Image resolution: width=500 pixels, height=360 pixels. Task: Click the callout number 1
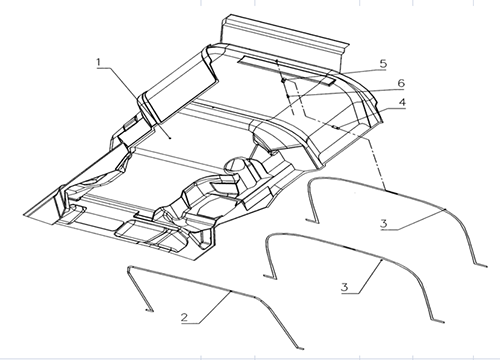(x=98, y=62)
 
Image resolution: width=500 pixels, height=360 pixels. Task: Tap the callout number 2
(x=185, y=317)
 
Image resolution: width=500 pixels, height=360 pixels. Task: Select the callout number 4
(x=402, y=102)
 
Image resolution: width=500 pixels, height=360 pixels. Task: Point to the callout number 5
(x=383, y=63)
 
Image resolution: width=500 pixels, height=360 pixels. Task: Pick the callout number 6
(x=400, y=83)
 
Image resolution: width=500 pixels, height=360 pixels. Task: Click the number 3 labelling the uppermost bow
(x=384, y=223)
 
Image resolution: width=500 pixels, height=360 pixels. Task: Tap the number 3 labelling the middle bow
(x=345, y=287)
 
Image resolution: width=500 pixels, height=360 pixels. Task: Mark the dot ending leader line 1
(x=170, y=137)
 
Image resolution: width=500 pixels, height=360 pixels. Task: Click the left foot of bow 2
(x=150, y=311)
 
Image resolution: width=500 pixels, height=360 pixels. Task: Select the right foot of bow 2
(x=300, y=349)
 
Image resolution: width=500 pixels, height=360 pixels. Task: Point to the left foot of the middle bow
(x=269, y=276)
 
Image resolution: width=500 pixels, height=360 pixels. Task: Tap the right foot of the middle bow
(x=440, y=322)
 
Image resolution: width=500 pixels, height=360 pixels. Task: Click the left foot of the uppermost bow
(x=312, y=220)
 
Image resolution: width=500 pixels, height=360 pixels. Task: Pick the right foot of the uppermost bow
(x=482, y=266)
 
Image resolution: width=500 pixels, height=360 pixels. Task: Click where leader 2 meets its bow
(x=230, y=292)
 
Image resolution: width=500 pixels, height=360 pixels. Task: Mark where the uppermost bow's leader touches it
(x=445, y=209)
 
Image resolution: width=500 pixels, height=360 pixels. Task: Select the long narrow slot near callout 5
(x=287, y=70)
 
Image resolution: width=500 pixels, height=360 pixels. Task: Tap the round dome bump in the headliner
(x=237, y=164)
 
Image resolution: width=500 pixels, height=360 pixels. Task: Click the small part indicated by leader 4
(x=336, y=127)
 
